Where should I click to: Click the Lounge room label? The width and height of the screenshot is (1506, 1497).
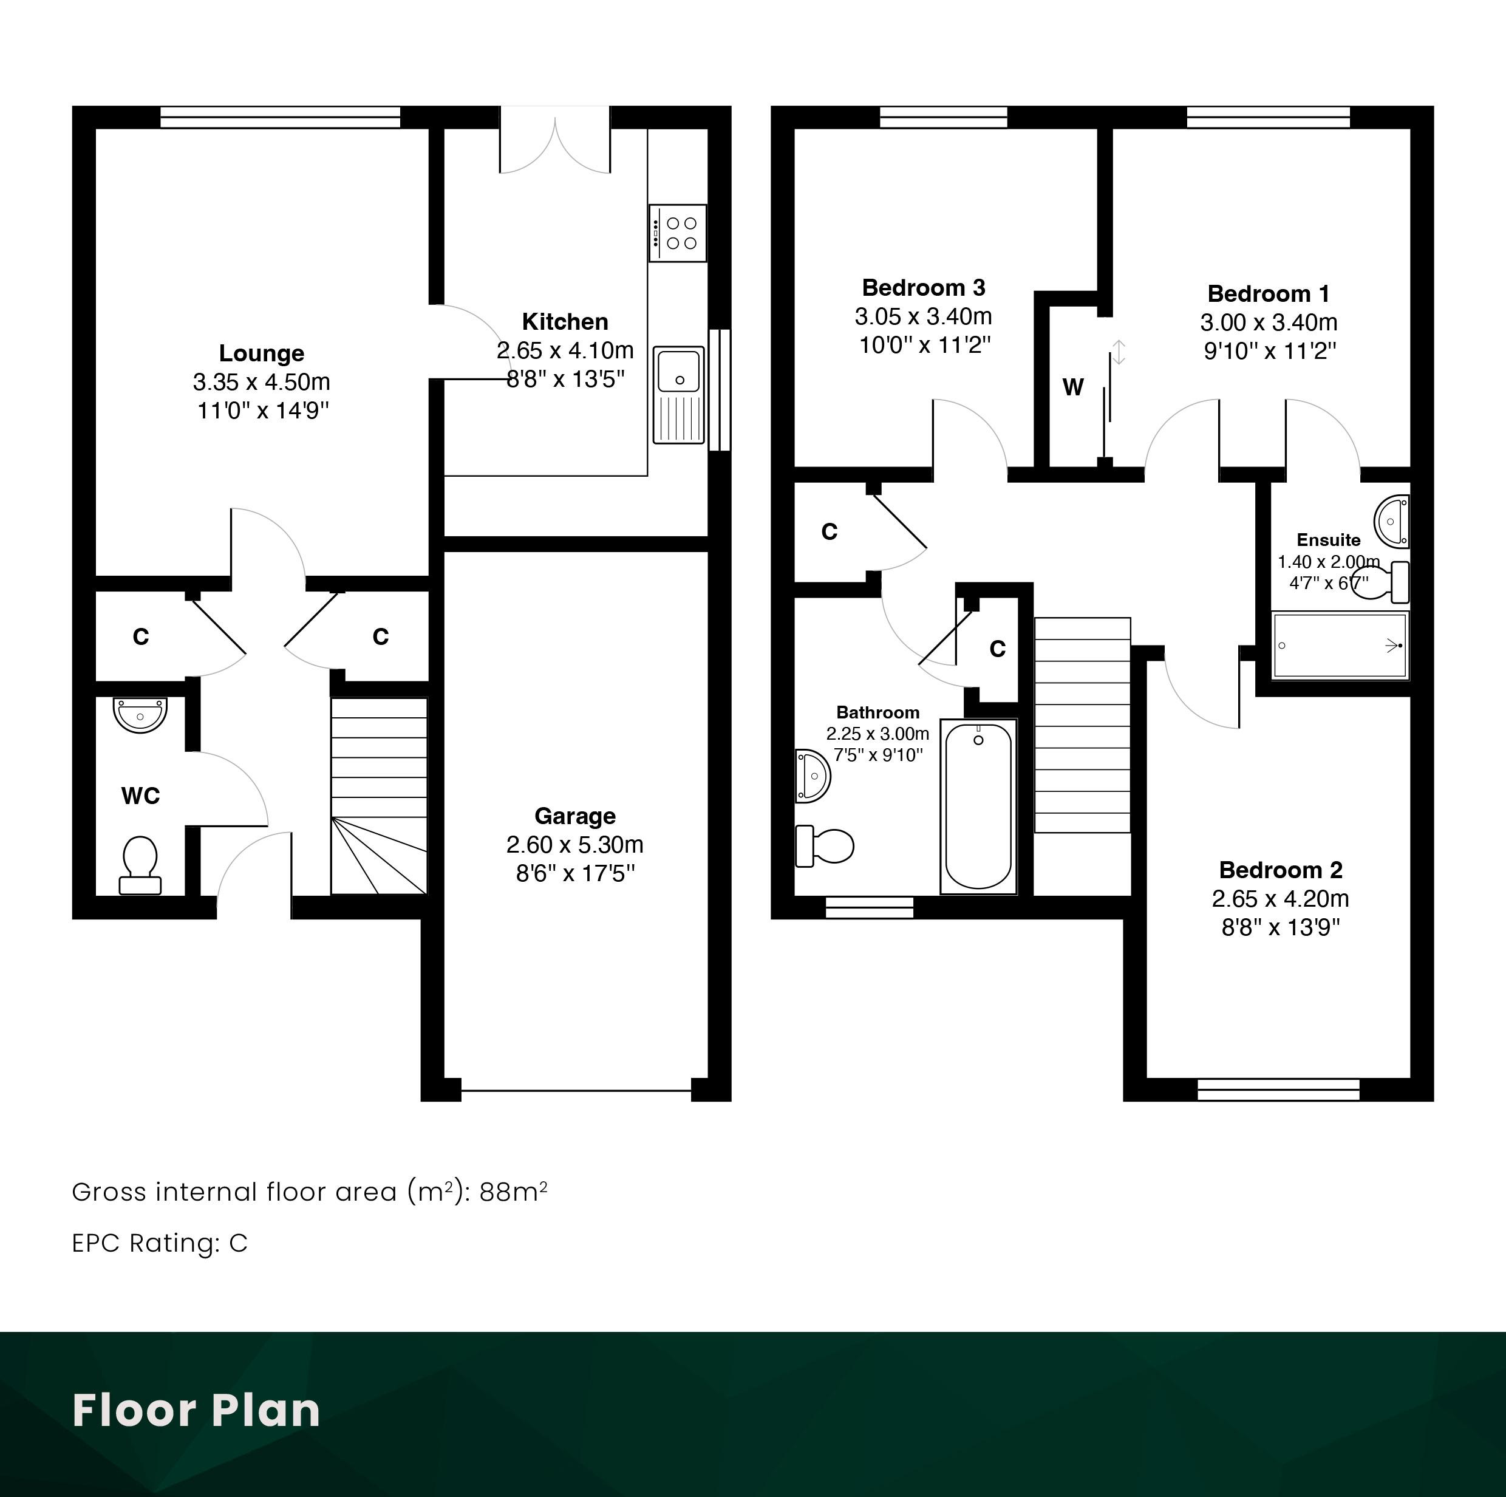point(261,353)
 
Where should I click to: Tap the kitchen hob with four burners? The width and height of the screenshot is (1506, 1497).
point(677,233)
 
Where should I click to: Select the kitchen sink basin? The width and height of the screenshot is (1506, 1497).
point(679,370)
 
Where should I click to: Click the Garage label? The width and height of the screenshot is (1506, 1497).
point(575,816)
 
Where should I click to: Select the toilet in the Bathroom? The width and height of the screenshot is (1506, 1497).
point(825,846)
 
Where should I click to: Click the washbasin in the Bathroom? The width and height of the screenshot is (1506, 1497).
point(813,776)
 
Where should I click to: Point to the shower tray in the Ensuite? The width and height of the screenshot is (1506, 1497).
point(1340,646)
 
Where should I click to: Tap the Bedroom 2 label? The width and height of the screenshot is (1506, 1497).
point(1281,870)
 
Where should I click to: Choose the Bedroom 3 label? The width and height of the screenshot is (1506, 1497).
point(924,288)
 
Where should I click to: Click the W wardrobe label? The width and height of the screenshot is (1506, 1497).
point(1074,387)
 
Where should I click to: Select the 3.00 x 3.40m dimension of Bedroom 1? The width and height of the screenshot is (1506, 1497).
point(1269,322)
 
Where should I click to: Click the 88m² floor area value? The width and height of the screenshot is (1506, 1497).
point(513,1192)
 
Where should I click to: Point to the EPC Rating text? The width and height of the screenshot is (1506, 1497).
point(160,1243)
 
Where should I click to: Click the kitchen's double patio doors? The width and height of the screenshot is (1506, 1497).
point(555,140)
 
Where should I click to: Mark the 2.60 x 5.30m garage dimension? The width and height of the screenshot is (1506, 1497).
point(575,844)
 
